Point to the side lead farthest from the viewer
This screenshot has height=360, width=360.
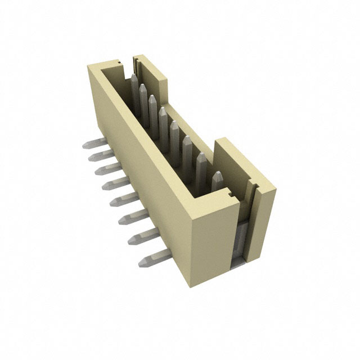93,143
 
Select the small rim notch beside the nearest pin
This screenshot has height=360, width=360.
229,194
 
